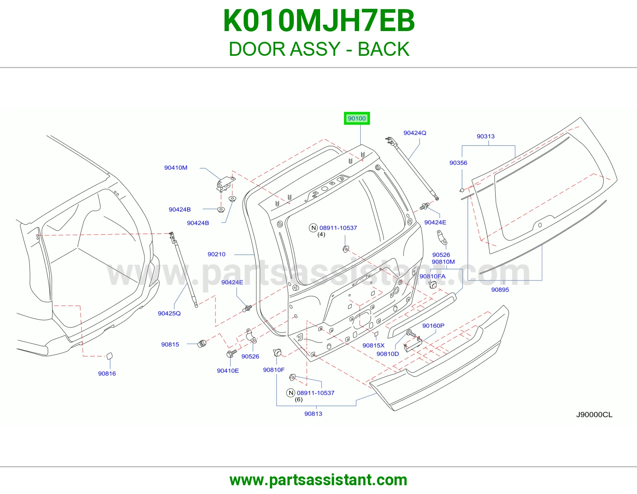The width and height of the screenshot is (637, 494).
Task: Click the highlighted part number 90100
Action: tap(357, 118)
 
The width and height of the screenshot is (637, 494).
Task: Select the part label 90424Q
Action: tap(415, 133)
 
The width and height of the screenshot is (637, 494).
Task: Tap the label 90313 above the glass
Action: tap(485, 136)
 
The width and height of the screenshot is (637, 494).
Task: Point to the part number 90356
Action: tap(458, 163)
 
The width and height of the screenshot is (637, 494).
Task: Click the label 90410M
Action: tap(176, 167)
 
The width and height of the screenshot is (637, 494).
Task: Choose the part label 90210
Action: tap(216, 254)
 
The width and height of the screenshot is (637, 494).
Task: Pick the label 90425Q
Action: tap(169, 313)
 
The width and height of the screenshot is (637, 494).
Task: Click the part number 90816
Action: tap(107, 373)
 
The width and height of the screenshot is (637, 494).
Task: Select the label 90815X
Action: tap(373, 345)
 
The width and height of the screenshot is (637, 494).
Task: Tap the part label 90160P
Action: tap(433, 325)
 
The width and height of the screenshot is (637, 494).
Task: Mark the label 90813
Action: tap(313, 414)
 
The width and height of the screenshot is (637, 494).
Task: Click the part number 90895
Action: tap(500, 290)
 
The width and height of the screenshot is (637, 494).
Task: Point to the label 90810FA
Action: tap(432, 276)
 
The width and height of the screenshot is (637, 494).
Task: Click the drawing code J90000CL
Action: tap(594, 414)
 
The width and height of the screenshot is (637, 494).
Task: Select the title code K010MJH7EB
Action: tap(318, 21)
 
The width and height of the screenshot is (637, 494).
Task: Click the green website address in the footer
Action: tap(318, 480)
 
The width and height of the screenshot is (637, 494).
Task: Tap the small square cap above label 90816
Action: tap(109, 356)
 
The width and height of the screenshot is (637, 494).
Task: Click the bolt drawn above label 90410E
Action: tap(232, 353)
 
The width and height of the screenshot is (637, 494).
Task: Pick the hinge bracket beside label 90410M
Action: tap(225, 184)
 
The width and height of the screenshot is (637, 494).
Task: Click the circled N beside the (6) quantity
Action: tap(291, 393)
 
